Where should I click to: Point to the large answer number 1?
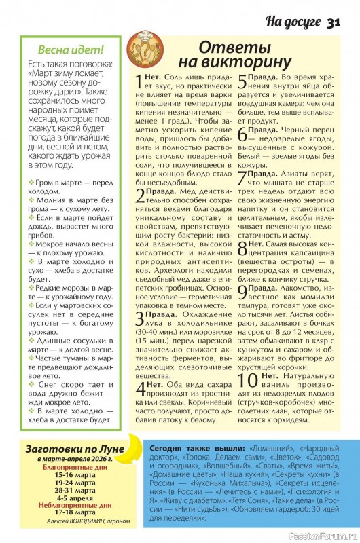click(x=139, y=83)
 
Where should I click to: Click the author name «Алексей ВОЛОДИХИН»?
click(x=56, y=523)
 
